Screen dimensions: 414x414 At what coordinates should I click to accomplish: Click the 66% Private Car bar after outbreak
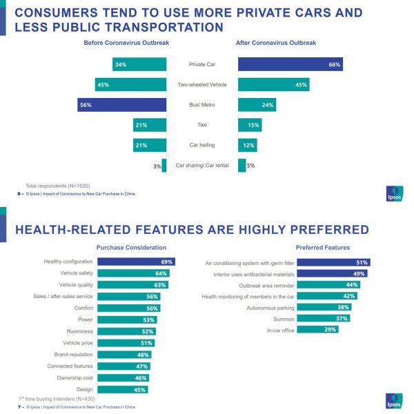(290, 65)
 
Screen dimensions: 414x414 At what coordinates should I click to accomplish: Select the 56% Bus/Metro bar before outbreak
(122, 105)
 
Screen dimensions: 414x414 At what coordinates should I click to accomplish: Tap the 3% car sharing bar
(164, 166)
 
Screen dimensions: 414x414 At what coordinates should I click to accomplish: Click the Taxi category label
(202, 125)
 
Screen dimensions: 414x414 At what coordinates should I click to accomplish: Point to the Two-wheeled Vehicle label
(202, 85)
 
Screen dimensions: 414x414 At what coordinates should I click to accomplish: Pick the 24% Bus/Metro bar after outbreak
(257, 105)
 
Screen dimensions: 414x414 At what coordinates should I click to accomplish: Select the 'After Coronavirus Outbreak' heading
(276, 43)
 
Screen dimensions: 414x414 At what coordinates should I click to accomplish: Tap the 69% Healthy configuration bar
(135, 262)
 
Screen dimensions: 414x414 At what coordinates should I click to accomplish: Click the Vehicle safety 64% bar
(132, 273)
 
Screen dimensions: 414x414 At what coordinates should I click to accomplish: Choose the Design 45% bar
(122, 390)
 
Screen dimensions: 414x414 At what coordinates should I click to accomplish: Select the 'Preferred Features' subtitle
(323, 247)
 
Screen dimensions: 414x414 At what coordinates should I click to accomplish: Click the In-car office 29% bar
(327, 329)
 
